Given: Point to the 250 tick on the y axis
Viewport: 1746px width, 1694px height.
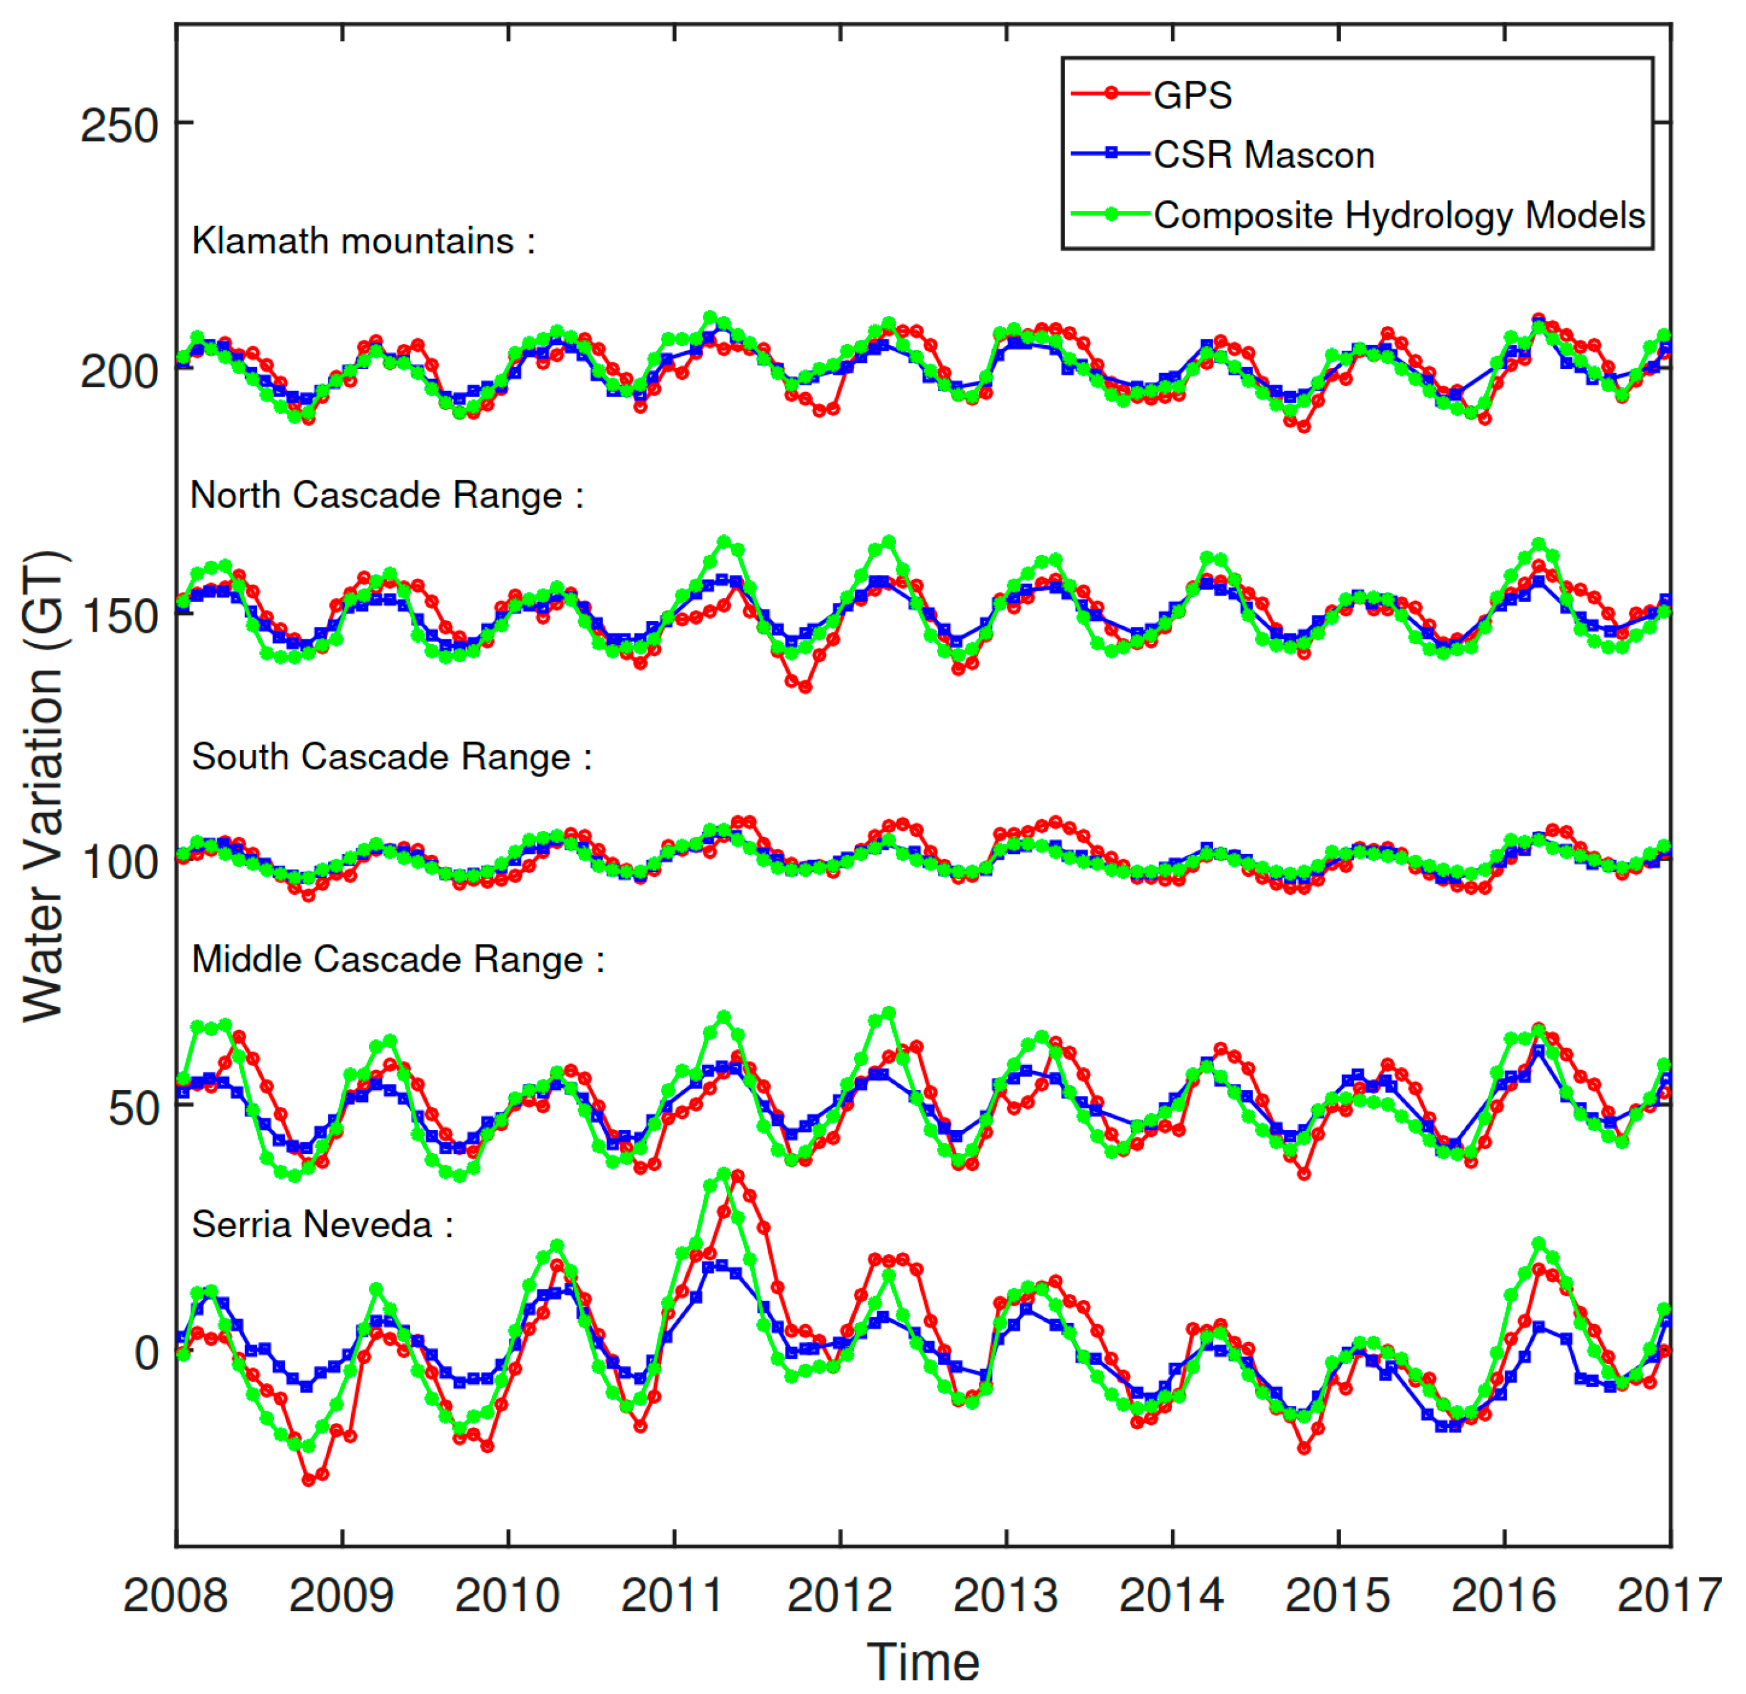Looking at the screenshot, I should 118,125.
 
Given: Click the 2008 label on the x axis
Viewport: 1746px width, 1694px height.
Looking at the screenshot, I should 176,1595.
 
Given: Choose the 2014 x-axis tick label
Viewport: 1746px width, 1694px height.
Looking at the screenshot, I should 1171,1595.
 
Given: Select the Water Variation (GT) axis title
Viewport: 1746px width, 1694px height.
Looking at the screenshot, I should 43,786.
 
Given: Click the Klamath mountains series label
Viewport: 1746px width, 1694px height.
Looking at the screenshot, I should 364,241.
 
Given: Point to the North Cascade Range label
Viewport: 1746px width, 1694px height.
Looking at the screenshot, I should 387,495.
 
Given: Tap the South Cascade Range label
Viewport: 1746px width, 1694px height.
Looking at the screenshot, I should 391,758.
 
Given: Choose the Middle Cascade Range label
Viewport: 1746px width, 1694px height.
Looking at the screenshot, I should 397,960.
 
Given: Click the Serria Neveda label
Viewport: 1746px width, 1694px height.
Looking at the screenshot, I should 323,1224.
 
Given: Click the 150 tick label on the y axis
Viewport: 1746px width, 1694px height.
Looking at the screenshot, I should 118,617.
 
